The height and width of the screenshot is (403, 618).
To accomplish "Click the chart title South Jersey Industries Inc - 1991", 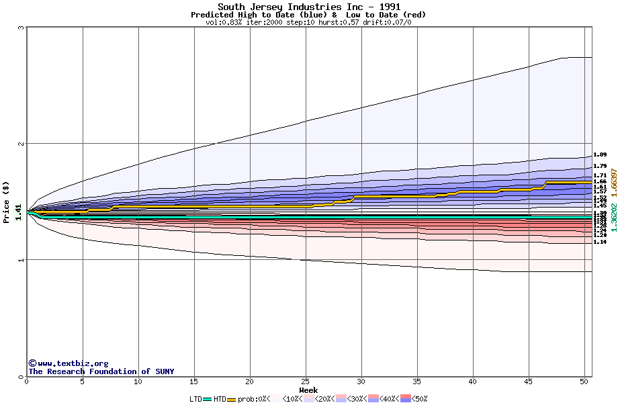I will pyautogui.click(x=308, y=7).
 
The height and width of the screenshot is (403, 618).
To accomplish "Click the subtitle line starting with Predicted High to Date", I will pyautogui.click(x=308, y=15).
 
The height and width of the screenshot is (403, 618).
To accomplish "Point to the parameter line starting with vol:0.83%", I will pyautogui.click(x=308, y=22).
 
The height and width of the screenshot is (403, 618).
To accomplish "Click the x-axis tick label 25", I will pyautogui.click(x=306, y=382).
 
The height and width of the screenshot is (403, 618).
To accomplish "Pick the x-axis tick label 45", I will pyautogui.click(x=529, y=382).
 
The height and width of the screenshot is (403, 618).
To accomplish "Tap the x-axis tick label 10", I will pyautogui.click(x=138, y=382).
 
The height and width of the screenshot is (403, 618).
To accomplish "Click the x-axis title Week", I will pyautogui.click(x=308, y=390).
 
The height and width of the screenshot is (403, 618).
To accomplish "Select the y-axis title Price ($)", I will pyautogui.click(x=6, y=201).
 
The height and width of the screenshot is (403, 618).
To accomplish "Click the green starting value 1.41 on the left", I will pyautogui.click(x=19, y=212).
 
